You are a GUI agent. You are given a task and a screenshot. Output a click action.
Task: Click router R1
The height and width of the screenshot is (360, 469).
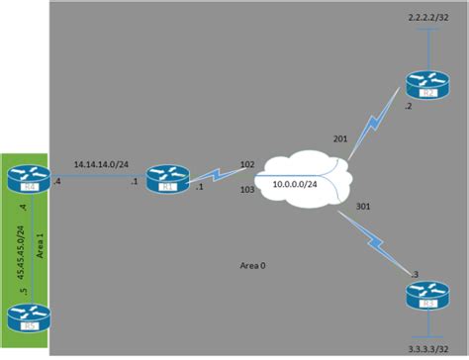(160, 179)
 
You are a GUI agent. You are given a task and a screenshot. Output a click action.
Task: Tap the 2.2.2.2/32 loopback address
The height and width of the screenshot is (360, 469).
(429, 20)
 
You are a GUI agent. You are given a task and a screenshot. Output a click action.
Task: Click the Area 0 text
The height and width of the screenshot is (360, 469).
(256, 265)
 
